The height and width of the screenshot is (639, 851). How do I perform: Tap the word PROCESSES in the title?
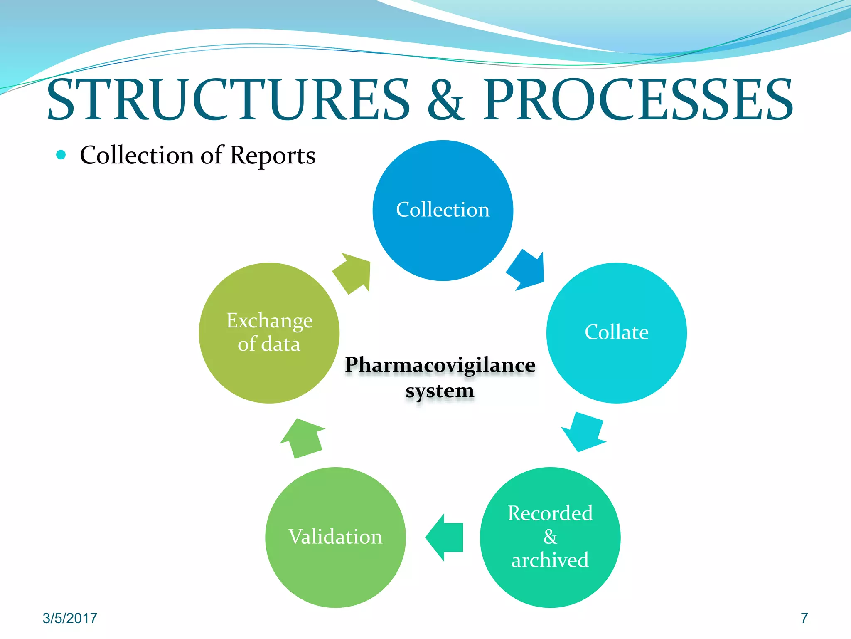click(638, 100)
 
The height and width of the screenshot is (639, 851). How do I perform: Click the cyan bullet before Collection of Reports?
click(61, 155)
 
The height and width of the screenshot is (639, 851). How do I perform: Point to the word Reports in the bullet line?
click(273, 156)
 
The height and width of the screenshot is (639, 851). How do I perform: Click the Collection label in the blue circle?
click(443, 210)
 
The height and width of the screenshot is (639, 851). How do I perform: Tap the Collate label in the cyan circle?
click(616, 332)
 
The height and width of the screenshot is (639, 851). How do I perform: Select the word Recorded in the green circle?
click(550, 513)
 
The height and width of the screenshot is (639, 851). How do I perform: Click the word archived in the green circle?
click(550, 560)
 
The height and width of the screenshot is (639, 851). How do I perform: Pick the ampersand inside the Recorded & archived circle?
click(550, 537)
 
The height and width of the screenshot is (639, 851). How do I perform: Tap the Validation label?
click(335, 537)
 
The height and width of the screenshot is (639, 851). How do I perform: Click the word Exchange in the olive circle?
click(269, 321)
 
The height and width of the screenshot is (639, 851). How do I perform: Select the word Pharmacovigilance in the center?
click(440, 365)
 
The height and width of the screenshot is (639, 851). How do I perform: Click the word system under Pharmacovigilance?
click(440, 391)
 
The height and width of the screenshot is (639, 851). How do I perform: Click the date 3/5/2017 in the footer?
click(70, 618)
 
